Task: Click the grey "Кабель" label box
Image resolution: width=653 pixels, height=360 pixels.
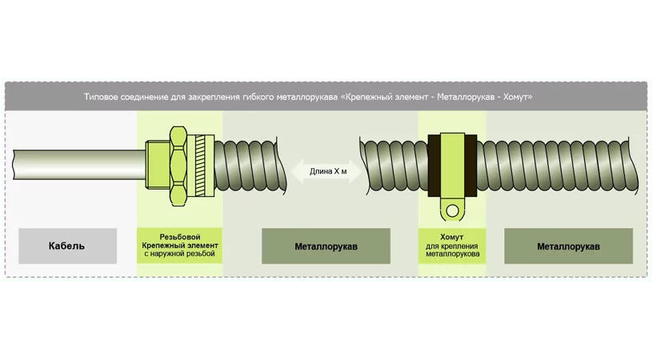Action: (x=67, y=246)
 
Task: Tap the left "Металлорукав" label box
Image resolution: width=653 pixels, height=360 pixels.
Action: (x=326, y=246)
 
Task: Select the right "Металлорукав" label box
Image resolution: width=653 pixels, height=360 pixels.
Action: (x=568, y=246)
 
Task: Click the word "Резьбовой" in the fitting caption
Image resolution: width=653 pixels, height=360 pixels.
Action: (x=180, y=236)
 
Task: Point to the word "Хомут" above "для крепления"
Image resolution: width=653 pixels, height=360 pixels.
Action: (x=452, y=236)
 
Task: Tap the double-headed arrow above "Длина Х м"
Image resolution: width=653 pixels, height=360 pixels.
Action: (x=323, y=169)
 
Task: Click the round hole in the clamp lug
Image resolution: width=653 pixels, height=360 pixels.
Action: (x=453, y=211)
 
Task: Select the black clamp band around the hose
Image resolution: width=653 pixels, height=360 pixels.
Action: (x=453, y=166)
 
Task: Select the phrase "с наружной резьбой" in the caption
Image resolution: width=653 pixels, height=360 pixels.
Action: (x=180, y=254)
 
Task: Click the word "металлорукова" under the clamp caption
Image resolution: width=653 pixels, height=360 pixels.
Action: (x=452, y=254)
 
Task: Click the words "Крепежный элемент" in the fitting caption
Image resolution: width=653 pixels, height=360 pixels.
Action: (x=180, y=245)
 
